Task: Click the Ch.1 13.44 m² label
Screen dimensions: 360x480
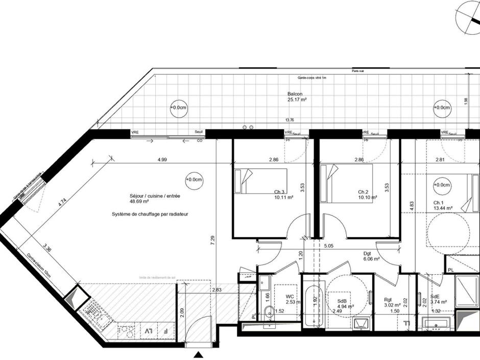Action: [x=443, y=205]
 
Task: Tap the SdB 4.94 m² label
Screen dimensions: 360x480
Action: [x=344, y=304]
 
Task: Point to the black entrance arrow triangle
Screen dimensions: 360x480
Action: [x=199, y=355]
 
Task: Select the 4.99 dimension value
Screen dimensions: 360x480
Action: [x=162, y=160]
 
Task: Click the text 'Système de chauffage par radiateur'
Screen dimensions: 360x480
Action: [x=150, y=214]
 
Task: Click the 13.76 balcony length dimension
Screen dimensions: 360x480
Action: [x=290, y=120]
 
